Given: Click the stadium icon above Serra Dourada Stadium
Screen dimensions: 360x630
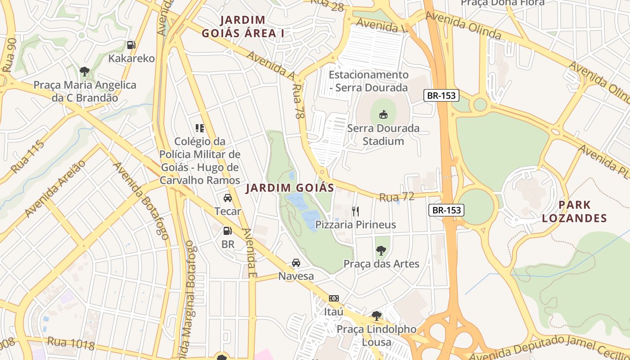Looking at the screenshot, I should (383, 114).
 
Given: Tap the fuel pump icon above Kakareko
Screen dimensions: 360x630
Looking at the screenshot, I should (131, 45).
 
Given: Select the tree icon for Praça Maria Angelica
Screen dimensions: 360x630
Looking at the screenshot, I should (84, 71).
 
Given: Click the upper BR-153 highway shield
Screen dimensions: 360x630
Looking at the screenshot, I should (441, 95).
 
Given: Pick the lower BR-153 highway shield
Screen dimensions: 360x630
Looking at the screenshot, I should (446, 210).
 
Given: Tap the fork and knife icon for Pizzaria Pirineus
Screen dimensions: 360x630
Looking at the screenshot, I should (355, 211).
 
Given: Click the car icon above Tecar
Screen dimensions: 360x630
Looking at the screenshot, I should (228, 198).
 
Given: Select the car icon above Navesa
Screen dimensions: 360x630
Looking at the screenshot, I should (296, 263).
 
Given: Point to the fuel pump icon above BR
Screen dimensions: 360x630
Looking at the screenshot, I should (228, 231).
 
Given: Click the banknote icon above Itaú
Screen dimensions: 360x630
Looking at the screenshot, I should (333, 298).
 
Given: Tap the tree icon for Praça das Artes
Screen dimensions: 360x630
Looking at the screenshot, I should (381, 251).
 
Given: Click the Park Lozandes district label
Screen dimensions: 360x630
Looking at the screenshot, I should (574, 211).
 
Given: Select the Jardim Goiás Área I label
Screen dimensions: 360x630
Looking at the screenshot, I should (243, 27).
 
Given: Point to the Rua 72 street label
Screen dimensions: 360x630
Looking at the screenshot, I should (396, 197).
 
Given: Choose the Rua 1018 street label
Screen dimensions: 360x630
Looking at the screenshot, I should (71, 344).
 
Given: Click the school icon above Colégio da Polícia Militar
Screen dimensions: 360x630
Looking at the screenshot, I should (200, 128).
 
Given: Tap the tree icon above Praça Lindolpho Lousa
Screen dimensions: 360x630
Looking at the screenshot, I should (377, 316).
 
